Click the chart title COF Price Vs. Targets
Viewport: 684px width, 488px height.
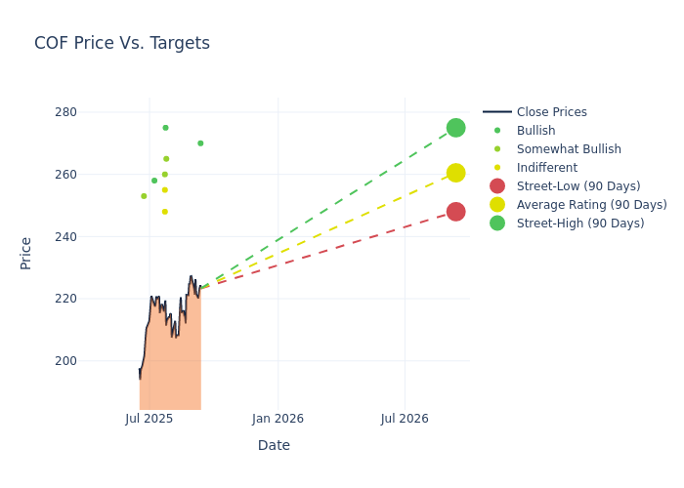122,43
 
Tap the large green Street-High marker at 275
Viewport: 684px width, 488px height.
456,128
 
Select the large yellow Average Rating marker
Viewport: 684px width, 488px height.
456,173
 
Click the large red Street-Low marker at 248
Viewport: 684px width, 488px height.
456,212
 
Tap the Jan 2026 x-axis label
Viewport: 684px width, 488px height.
278,419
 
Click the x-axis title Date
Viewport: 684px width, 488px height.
274,446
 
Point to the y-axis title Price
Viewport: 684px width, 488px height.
26,253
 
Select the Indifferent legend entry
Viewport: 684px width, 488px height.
546,168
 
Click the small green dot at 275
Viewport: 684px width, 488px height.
165,128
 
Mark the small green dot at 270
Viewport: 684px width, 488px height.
200,143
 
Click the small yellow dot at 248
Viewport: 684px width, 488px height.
165,212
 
